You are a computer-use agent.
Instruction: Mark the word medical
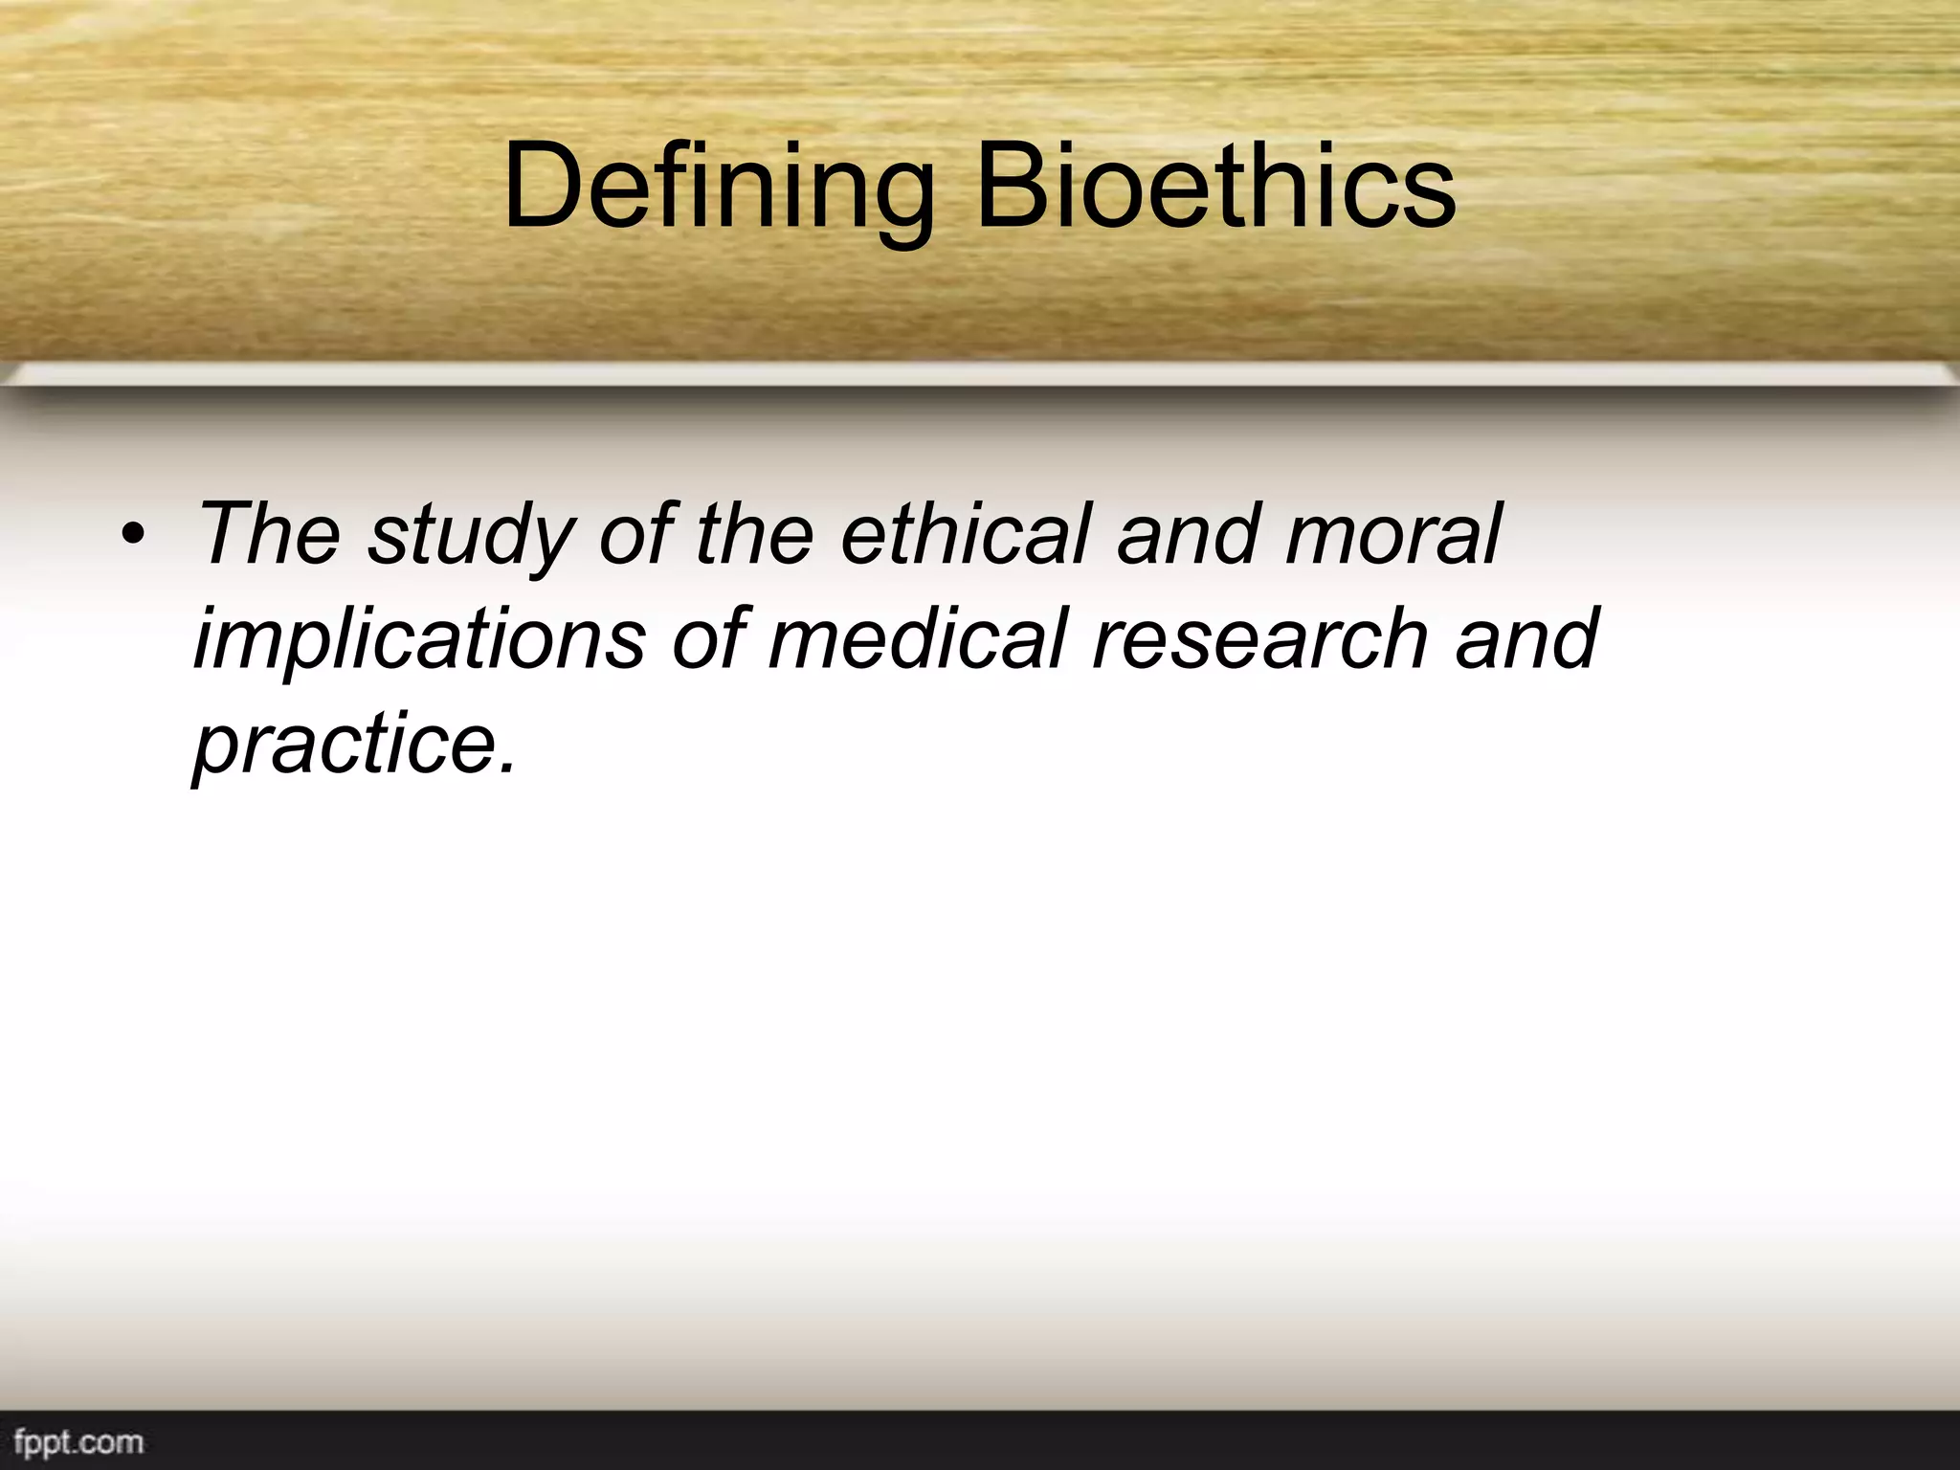pyautogui.click(x=919, y=638)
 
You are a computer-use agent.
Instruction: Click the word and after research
pyautogui.click(x=1526, y=638)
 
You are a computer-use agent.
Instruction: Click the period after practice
pyautogui.click(x=507, y=766)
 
